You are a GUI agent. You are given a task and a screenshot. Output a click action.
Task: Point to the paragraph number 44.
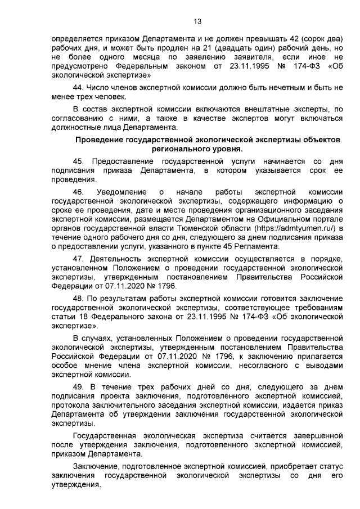point(79,88)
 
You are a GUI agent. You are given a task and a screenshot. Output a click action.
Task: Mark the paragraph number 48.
point(79,298)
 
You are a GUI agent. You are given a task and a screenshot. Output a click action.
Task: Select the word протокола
point(71,405)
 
